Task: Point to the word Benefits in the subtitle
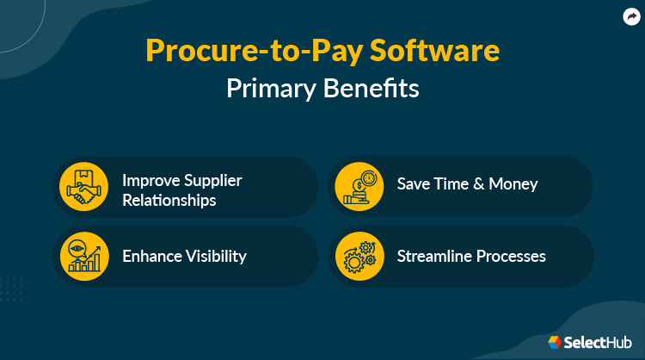[372, 89]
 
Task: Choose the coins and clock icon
[357, 185]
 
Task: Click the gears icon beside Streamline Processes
[357, 256]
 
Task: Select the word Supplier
[212, 181]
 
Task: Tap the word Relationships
[169, 201]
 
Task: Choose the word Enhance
[151, 256]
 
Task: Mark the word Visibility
[215, 256]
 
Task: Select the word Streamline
[432, 256]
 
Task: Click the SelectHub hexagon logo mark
[555, 342]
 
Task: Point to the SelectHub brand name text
[599, 342]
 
